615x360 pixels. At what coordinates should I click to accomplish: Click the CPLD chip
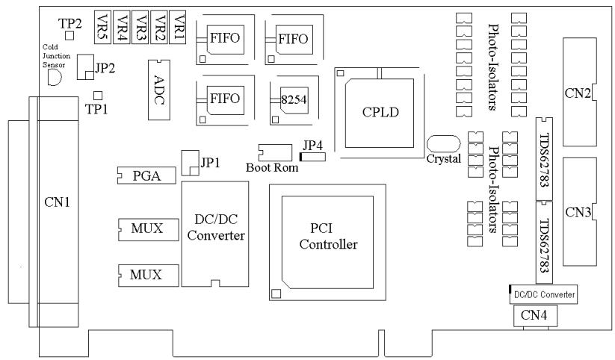pos(380,113)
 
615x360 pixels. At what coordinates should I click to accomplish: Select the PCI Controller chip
pos(327,242)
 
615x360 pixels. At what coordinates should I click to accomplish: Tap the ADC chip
pos(159,90)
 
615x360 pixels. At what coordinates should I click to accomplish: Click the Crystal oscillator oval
pos(443,143)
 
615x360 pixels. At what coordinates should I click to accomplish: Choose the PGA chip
pos(146,176)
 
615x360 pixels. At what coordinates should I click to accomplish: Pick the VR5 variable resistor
pos(103,27)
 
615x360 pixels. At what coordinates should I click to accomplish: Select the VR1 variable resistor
pos(177,27)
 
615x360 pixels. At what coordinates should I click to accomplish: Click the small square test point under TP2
pos(69,36)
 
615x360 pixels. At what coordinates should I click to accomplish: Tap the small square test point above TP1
pos(98,96)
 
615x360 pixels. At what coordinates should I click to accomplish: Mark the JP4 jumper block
pos(312,157)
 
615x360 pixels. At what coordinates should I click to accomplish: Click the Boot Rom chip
pos(275,152)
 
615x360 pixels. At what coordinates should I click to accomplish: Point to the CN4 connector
pos(535,316)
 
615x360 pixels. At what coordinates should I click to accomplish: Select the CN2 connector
pos(580,92)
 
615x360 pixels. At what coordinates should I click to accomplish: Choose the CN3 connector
pos(580,212)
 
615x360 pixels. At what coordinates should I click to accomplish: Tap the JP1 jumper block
pos(191,163)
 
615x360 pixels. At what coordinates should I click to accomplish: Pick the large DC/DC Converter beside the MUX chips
pos(215,234)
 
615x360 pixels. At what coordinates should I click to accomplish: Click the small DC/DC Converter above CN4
pos(543,294)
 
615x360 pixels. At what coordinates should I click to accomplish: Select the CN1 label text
pos(58,202)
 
